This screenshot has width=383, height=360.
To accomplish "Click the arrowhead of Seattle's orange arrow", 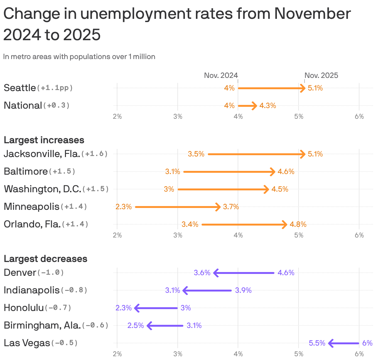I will [303, 88].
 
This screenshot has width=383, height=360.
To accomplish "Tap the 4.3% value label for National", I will [267, 106].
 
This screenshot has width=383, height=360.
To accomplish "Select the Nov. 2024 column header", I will [221, 75].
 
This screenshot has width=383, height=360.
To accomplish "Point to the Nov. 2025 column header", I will [321, 75].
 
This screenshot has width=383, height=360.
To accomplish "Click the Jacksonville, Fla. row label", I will [41, 154].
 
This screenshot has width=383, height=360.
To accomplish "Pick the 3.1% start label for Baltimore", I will [173, 172].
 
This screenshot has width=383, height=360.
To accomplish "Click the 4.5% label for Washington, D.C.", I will [280, 189].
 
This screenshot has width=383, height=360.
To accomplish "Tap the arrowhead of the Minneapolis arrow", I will [218, 207].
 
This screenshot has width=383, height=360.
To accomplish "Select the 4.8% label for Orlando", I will [298, 224].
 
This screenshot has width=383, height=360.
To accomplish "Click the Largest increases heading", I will [44, 140].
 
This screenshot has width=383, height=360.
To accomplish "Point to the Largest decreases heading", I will [46, 259].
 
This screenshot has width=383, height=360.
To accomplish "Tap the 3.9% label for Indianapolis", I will [243, 290].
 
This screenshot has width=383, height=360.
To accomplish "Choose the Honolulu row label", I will [24, 308].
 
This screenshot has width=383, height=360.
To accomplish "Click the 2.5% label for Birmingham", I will [136, 325].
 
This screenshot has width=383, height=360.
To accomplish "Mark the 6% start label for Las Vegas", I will [367, 343].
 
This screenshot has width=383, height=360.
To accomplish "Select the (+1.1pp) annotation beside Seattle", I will [55, 88].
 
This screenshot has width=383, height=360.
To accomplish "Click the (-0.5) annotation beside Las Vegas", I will [64, 343].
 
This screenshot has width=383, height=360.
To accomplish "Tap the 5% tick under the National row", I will [299, 117].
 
